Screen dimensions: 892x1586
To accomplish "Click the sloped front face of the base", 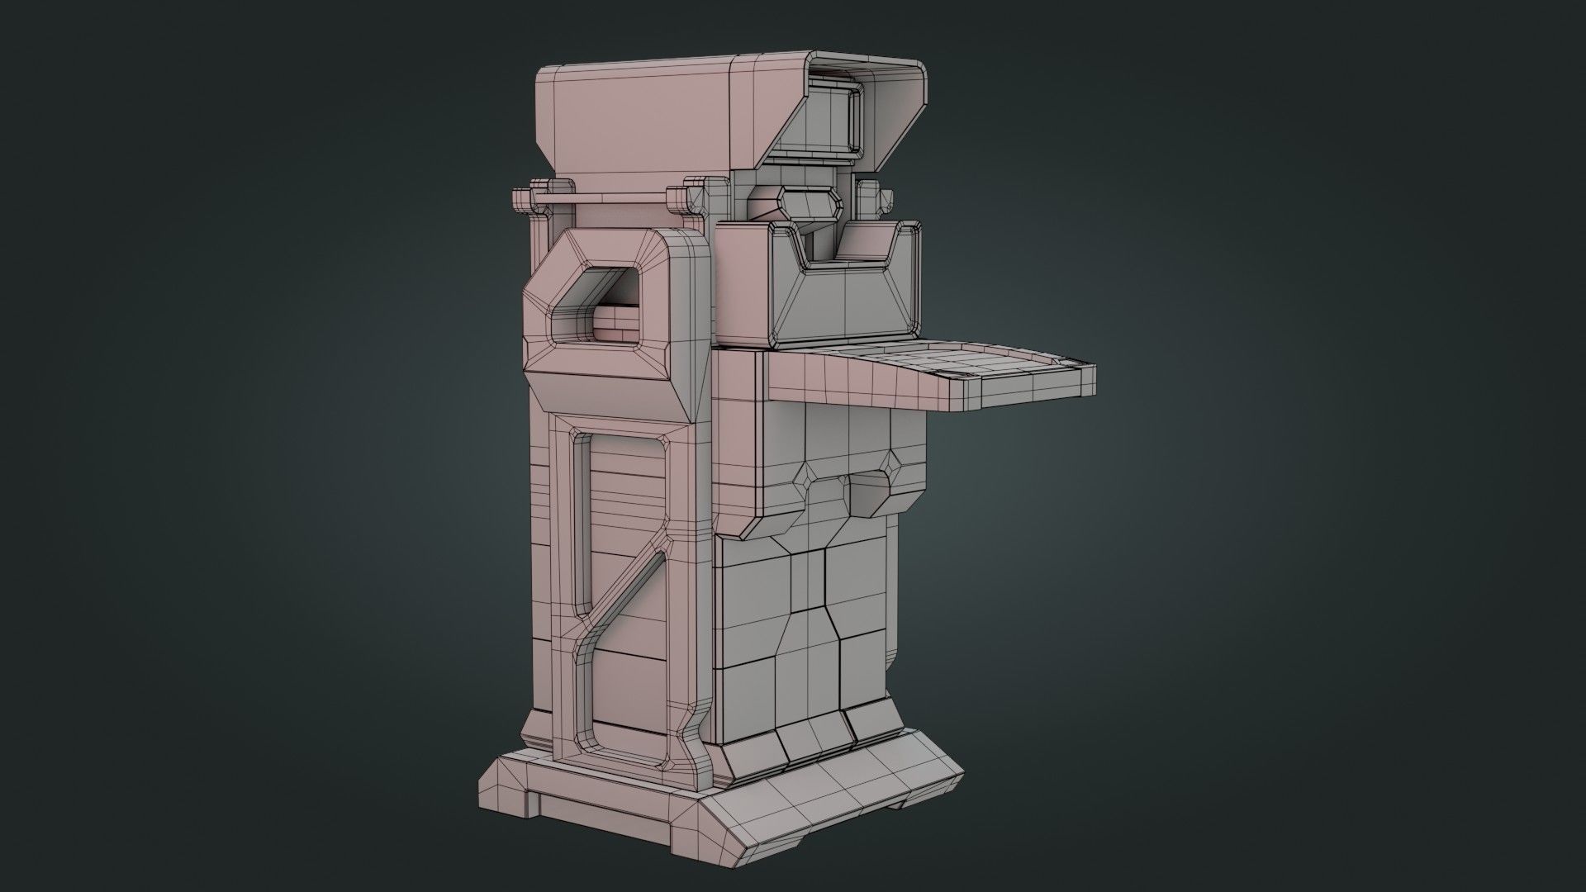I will pyautogui.click(x=834, y=801).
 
